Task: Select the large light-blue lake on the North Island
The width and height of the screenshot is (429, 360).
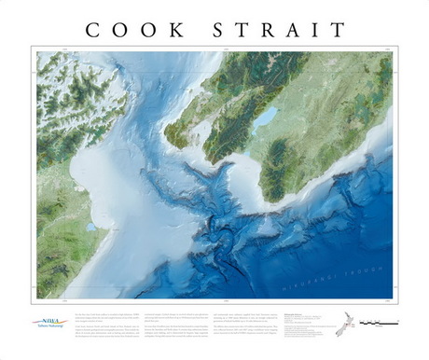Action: click(266, 118)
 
